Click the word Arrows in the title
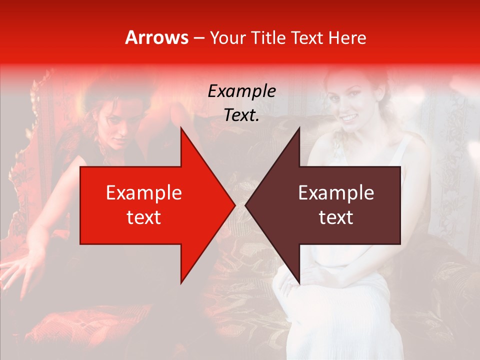pyautogui.click(x=157, y=37)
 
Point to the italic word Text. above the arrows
pyautogui.click(x=241, y=115)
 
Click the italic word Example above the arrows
pyautogui.click(x=241, y=91)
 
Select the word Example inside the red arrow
pyautogui.click(x=143, y=193)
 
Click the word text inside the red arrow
pyautogui.click(x=143, y=217)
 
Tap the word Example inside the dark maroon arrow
pyautogui.click(x=336, y=193)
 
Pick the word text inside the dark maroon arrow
pyautogui.click(x=336, y=217)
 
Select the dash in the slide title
pyautogui.click(x=198, y=38)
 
